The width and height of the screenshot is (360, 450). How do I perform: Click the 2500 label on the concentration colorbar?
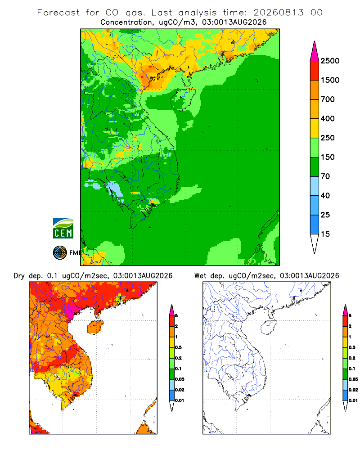[330, 61]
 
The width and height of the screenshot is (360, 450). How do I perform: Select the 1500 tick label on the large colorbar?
[330, 80]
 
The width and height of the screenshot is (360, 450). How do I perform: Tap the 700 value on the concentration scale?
[328, 99]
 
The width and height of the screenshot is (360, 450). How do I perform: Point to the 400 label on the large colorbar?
[328, 118]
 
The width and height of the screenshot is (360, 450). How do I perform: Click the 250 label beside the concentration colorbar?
[328, 138]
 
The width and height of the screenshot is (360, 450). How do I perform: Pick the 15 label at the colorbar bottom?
[325, 234]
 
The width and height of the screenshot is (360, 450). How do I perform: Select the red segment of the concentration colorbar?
[315, 71]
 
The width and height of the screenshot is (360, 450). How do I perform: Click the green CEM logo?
[63, 228]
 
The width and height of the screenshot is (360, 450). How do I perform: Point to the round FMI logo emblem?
[60, 253]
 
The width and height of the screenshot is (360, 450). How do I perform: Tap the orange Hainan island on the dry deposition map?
[95, 328]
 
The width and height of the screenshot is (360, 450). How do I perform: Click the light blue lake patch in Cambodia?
[115, 189]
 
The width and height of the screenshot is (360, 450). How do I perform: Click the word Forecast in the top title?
[58, 13]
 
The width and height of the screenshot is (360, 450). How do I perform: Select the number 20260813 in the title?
[278, 13]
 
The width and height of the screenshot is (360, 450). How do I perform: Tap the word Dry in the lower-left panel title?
[19, 276]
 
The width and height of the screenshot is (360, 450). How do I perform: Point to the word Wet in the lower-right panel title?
[200, 276]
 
